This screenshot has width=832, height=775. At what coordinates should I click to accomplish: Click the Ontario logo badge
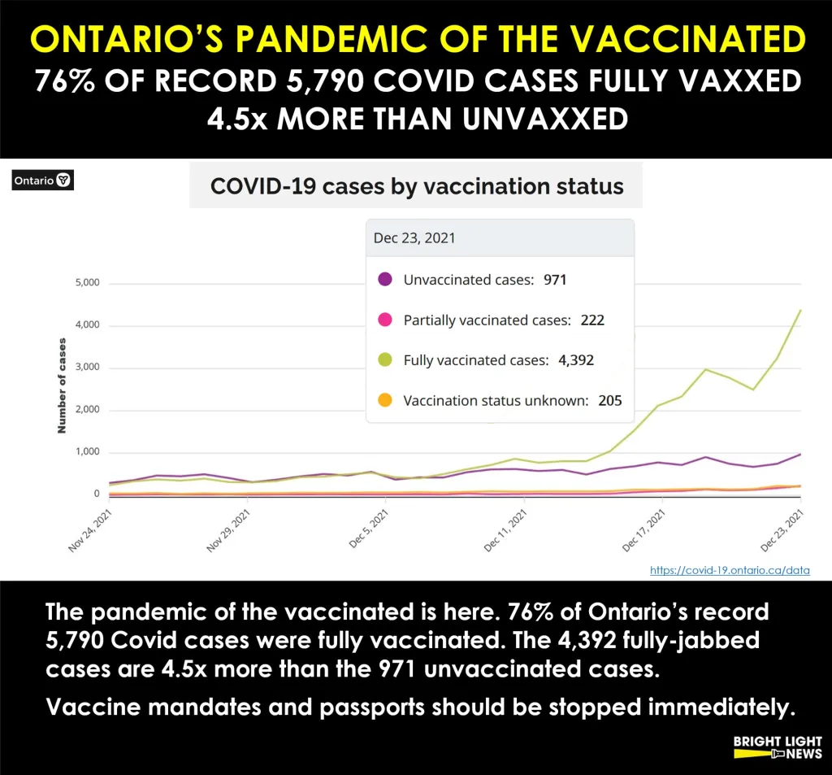(43, 181)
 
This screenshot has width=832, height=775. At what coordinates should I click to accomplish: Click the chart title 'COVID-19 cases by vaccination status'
(417, 186)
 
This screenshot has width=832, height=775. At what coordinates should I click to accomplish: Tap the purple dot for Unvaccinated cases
(386, 280)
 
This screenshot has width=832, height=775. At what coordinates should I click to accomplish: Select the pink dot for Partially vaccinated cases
(386, 320)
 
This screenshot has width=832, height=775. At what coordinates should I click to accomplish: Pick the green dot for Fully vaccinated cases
(386, 359)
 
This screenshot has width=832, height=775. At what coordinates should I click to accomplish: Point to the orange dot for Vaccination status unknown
(386, 400)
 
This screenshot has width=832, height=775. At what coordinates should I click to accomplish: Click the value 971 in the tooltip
(556, 280)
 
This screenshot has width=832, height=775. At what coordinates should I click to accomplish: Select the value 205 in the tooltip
(609, 400)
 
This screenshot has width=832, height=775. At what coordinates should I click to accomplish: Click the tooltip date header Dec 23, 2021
(414, 238)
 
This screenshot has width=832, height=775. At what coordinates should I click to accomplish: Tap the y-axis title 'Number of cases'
(62, 385)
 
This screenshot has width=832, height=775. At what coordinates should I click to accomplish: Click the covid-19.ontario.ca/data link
(730, 570)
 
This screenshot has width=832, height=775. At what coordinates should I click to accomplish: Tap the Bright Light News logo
(777, 747)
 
